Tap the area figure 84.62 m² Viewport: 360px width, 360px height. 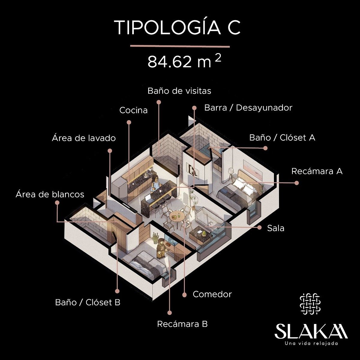[184, 62]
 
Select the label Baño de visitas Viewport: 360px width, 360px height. [179, 91]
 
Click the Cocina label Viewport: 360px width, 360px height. [133, 110]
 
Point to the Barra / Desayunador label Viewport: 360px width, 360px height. [248, 108]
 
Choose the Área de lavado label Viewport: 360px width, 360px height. [84, 138]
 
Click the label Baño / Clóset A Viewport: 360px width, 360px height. [282, 138]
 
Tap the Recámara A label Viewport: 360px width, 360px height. [317, 171]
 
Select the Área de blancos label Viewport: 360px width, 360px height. [50, 194]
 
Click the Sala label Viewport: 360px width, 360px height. [276, 228]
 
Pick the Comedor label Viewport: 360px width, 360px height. [212, 294]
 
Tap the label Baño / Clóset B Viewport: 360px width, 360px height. [88, 302]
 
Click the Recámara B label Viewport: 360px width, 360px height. [182, 324]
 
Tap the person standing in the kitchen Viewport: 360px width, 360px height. [155, 184]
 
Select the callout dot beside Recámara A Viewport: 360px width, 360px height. [296, 183]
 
